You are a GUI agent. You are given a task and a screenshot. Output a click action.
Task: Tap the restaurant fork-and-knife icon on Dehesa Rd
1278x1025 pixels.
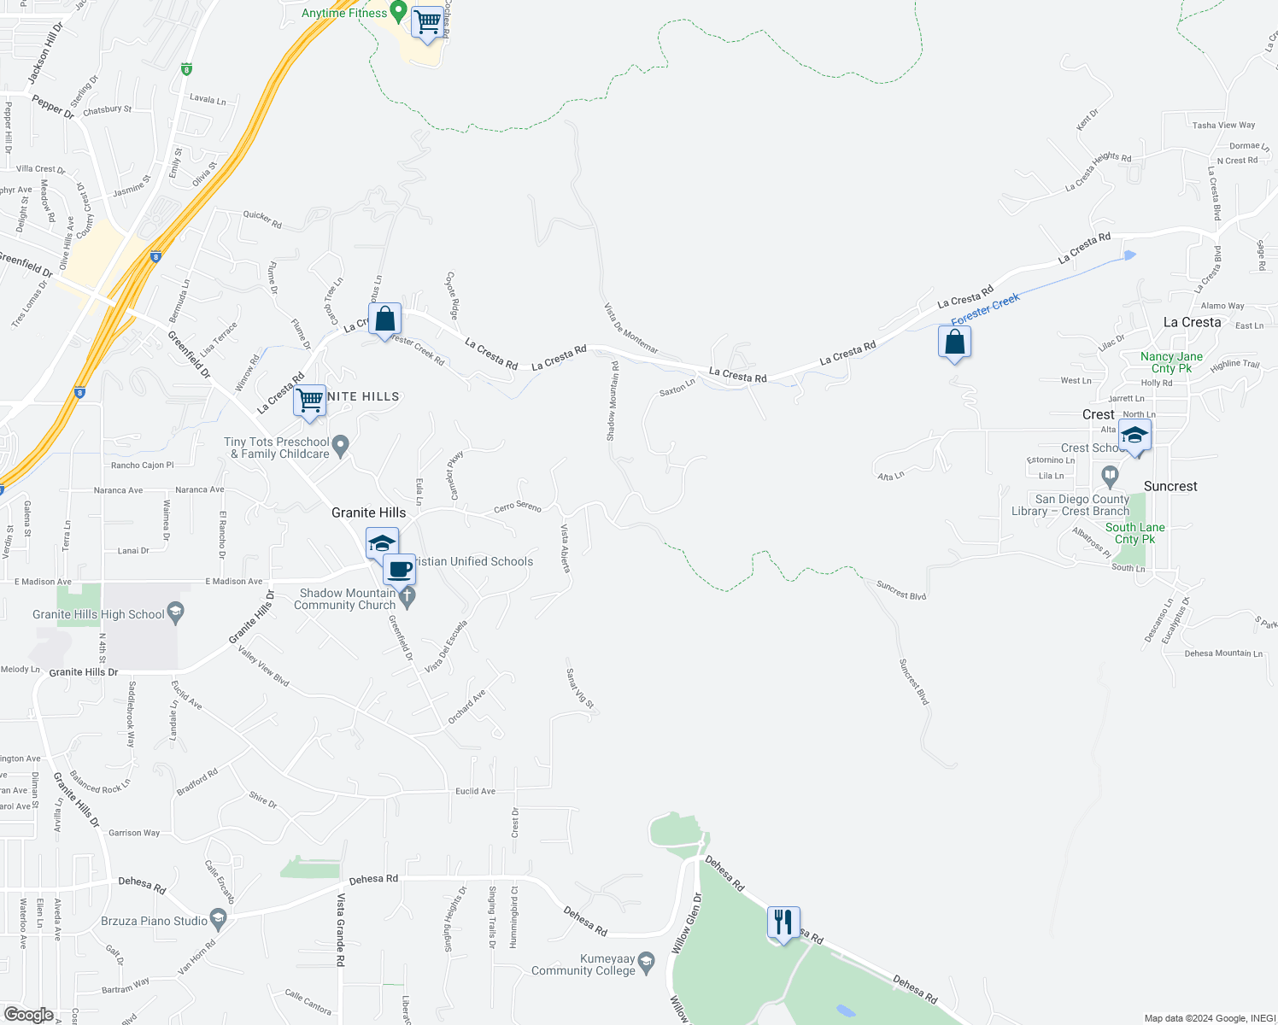783,923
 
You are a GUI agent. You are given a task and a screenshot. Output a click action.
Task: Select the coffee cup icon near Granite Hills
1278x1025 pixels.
399,569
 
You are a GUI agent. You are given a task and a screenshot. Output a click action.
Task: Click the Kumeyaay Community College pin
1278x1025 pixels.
647,963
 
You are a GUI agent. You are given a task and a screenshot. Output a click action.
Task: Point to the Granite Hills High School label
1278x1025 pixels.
98,614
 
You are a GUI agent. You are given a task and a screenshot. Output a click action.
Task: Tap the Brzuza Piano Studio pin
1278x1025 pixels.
219,921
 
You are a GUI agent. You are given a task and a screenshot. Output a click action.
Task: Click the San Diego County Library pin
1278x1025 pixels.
1110,475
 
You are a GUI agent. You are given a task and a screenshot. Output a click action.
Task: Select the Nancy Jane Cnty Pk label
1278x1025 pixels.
1171,362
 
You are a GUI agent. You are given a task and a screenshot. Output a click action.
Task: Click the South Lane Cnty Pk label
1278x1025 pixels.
1134,533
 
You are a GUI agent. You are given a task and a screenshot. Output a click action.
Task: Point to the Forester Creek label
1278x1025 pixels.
985,309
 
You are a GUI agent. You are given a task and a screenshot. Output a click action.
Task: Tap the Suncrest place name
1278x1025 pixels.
1170,486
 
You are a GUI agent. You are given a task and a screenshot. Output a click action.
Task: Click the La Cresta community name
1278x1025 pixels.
1192,322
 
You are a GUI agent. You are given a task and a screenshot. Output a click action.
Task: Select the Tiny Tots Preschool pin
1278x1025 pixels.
341,445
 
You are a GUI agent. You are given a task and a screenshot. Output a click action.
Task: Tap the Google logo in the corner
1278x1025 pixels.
28,1015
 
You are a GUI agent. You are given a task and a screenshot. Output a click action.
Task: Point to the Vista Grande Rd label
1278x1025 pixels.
341,929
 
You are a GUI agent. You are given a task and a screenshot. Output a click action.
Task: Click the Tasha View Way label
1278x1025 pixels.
1223,126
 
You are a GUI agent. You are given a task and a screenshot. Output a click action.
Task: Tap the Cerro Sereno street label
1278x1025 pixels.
518,507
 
